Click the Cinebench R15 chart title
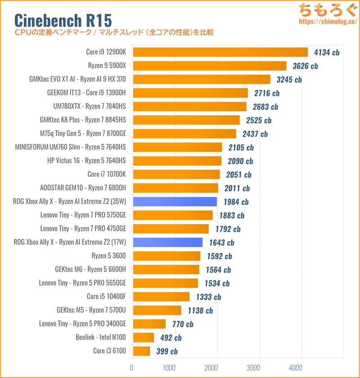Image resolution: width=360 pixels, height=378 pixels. click(x=63, y=20)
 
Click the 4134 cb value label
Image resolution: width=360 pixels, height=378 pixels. click(x=327, y=52)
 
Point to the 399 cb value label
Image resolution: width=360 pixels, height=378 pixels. click(x=166, y=351)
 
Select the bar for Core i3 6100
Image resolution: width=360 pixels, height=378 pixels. click(x=141, y=351)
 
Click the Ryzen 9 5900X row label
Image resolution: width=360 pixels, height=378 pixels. click(x=108, y=66)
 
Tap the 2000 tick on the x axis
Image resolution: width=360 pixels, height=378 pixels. click(x=217, y=367)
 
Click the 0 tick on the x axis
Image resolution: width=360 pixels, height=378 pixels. click(x=132, y=367)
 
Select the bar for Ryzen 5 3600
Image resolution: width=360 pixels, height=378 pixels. click(x=166, y=256)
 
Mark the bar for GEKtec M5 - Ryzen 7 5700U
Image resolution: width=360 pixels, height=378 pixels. click(x=156, y=310)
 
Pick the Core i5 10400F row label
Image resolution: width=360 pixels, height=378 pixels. click(x=106, y=297)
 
